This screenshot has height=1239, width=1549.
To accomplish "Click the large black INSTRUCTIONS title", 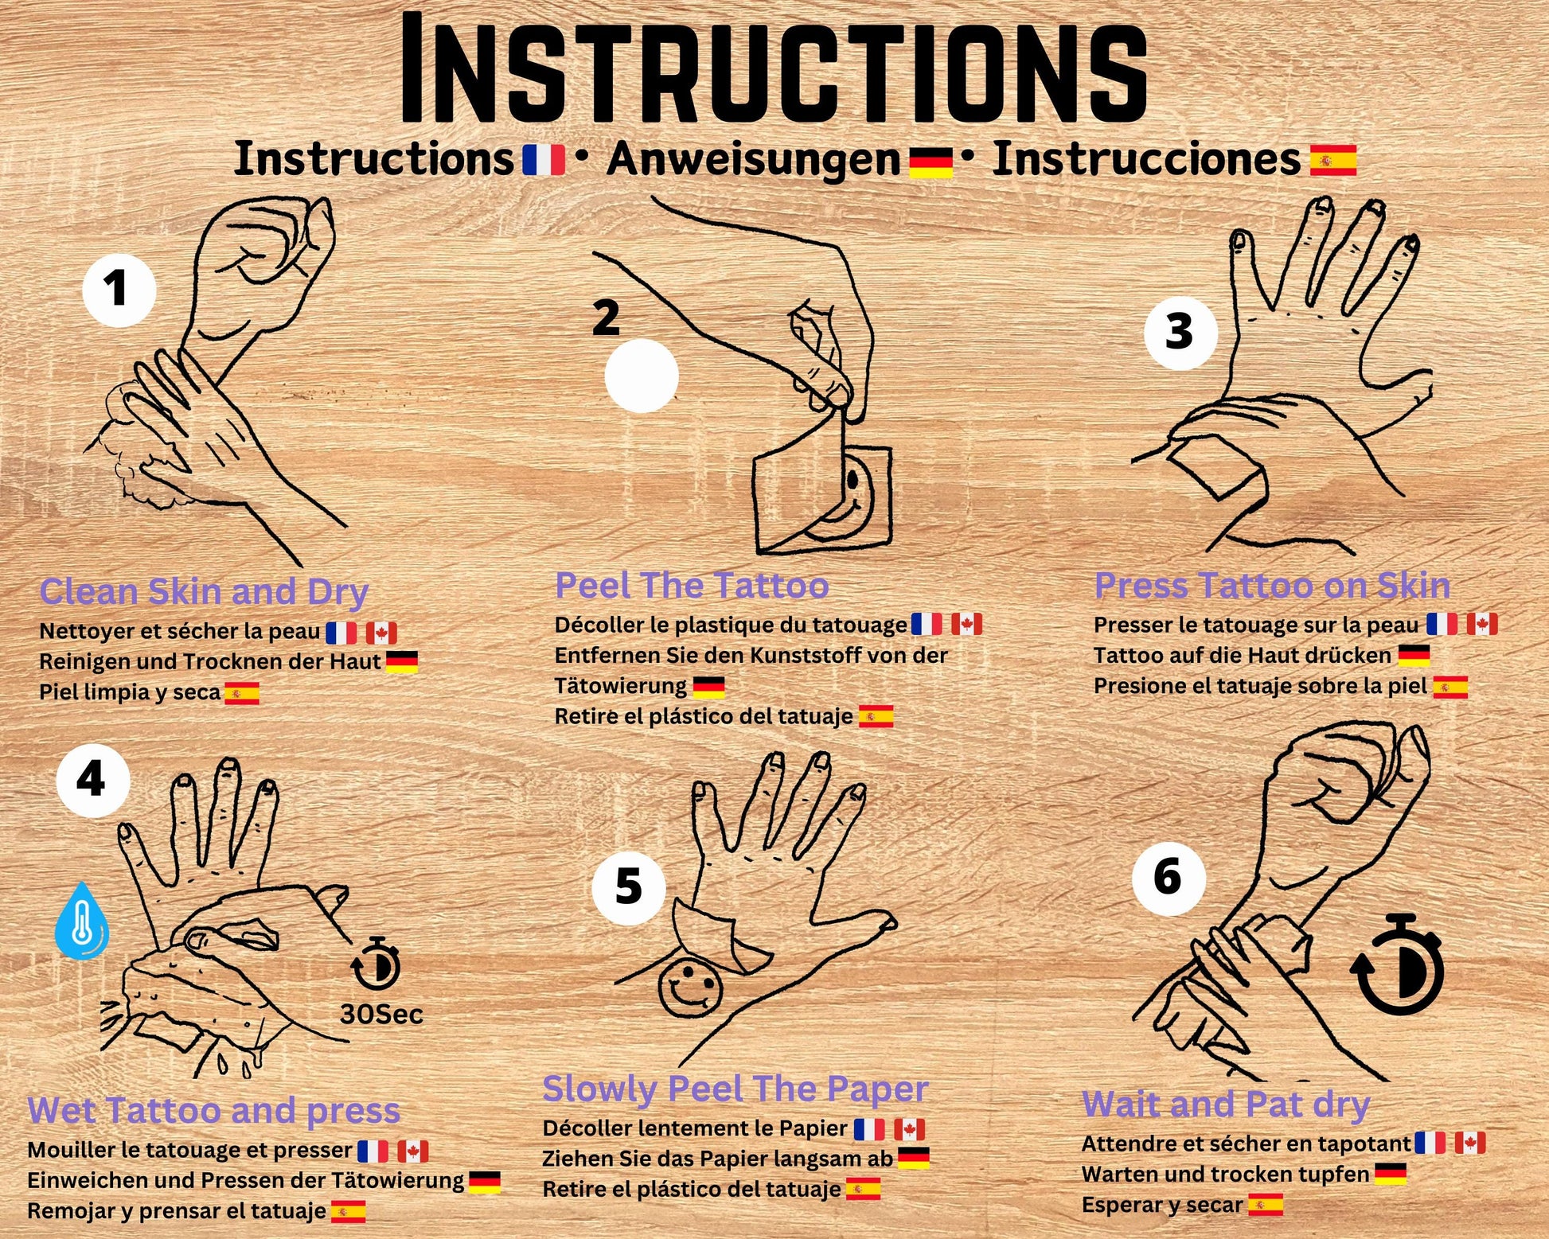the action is (773, 70).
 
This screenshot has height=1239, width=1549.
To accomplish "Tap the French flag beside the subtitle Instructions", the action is (543, 159).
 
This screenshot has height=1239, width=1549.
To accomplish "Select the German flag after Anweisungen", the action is (931, 162).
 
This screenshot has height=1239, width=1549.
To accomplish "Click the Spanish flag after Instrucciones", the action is (1332, 160).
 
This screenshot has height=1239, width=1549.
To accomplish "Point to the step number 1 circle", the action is (119, 290).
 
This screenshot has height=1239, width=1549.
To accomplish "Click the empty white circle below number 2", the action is (641, 376).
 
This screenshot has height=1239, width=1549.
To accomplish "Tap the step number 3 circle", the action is (1180, 332).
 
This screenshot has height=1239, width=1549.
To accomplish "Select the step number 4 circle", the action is (92, 780).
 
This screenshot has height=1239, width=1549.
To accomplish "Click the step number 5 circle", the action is (628, 887).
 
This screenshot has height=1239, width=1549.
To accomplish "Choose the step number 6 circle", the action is (1168, 878).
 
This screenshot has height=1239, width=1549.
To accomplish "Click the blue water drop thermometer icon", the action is (80, 920).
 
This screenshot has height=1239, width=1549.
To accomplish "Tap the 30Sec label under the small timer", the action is (381, 1015).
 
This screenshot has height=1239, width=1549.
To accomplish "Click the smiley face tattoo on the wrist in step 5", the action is (690, 989).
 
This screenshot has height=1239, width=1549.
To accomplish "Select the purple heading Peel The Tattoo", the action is (692, 586).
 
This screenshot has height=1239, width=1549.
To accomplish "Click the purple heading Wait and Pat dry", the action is (1226, 1105).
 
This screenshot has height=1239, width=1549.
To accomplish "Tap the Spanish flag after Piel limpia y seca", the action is (241, 694).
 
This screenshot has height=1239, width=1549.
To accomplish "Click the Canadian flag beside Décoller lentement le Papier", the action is (909, 1130).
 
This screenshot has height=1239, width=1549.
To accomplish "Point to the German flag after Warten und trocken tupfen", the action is (1391, 1175).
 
